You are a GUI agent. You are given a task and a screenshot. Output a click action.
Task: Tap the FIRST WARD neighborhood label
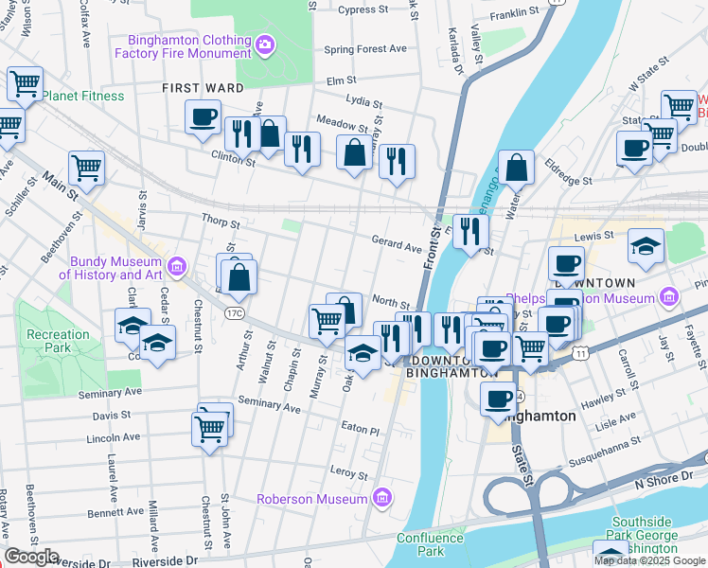coord(203,88)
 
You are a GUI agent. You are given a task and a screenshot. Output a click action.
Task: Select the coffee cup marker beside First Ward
coord(204,119)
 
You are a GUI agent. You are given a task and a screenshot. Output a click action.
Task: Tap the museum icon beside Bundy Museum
coord(178,262)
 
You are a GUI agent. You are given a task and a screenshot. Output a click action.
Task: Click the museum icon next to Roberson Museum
coord(381,497)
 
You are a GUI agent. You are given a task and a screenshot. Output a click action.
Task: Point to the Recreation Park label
coord(58,341)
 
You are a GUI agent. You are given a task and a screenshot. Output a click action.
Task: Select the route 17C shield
coord(234,311)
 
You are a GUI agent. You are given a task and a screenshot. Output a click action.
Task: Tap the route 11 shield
coord(579,352)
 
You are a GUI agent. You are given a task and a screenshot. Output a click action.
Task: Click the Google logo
coord(31,558)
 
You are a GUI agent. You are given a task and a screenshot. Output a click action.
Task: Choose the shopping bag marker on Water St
coord(516,169)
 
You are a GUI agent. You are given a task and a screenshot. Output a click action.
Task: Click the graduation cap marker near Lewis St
coord(646,246)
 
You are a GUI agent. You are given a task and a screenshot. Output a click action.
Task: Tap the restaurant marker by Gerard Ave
coord(469,232)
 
